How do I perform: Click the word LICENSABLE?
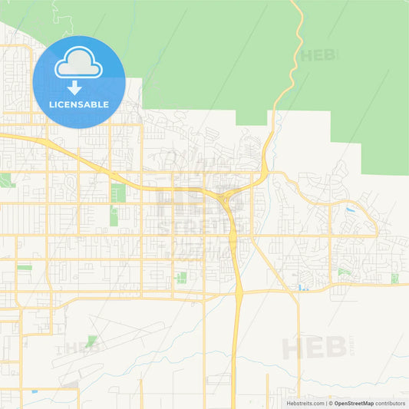[78, 104]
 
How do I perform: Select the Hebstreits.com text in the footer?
[305, 403]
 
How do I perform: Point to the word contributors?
[391, 403]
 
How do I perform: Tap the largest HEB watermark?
[312, 348]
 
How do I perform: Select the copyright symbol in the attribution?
[331, 403]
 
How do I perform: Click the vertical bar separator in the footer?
[325, 403]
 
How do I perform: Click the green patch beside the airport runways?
[92, 340]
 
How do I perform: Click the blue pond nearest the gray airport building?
[34, 392]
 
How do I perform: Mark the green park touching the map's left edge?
[6, 180]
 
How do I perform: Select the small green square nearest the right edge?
[394, 279]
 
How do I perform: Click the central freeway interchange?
[223, 199]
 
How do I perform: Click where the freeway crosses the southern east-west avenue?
[239, 292]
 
